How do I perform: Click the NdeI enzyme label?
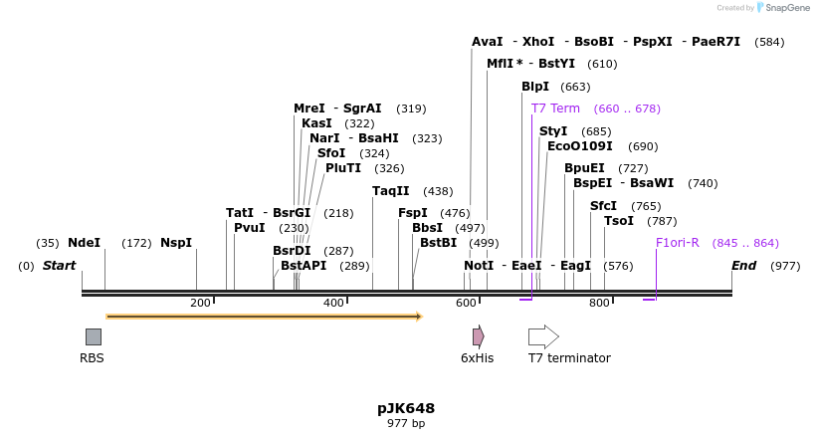point(84,243)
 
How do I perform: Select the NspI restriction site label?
point(176,243)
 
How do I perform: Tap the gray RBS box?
point(93,336)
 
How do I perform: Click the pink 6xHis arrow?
point(478,336)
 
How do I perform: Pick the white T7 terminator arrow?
point(543,336)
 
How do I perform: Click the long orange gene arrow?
point(264,317)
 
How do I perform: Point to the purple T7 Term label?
point(555,109)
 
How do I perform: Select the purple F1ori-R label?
point(677,243)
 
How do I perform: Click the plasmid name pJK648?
point(406,408)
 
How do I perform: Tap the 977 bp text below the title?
point(406,424)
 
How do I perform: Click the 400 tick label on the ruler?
point(333,303)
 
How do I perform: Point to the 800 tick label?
point(599,303)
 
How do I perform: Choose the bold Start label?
point(59,266)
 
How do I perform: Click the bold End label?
point(743,266)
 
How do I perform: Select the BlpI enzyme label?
point(535,87)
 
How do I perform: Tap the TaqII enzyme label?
point(390,191)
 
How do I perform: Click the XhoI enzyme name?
point(538,42)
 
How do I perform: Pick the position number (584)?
point(769,42)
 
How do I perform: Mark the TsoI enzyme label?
point(619,221)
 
